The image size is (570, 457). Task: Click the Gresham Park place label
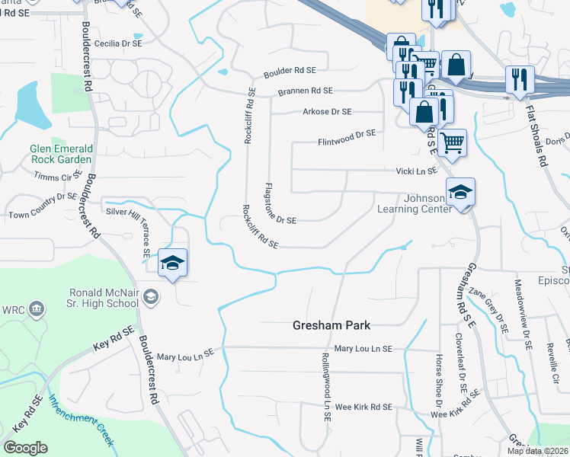pyautogui.click(x=331, y=325)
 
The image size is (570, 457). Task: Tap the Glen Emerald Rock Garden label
pyautogui.click(x=61, y=154)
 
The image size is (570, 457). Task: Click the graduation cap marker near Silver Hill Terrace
pyautogui.click(x=173, y=263)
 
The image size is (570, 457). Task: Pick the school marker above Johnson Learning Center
pyautogui.click(x=460, y=193)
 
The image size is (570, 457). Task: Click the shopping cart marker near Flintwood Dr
pyautogui.click(x=453, y=142)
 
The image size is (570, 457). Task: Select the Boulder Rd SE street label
pyautogui.click(x=290, y=71)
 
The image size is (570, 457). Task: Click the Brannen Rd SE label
pyautogui.click(x=305, y=91)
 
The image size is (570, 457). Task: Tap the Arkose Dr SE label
pyautogui.click(x=327, y=111)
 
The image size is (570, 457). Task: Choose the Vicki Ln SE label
pyautogui.click(x=416, y=171)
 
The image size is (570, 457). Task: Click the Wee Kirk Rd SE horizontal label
pyautogui.click(x=363, y=407)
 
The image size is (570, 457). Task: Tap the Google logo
pyautogui.click(x=25, y=448)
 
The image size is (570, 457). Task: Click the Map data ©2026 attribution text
pyautogui.click(x=537, y=451)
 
